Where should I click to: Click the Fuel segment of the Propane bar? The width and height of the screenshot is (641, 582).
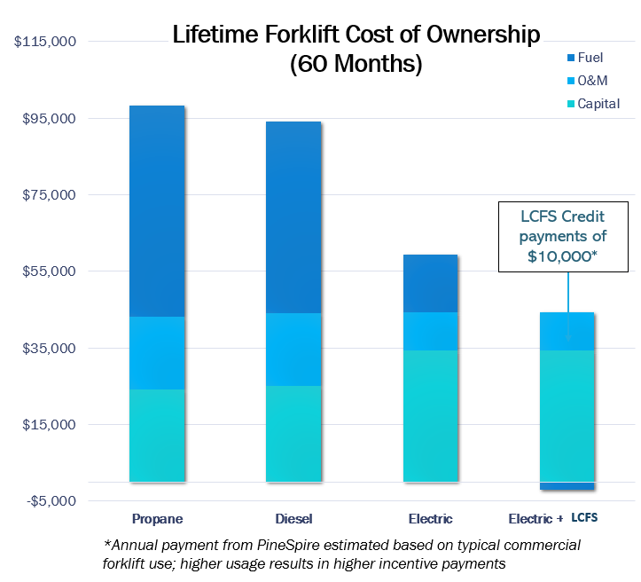(x=157, y=211)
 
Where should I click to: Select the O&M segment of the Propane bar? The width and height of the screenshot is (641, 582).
(x=157, y=353)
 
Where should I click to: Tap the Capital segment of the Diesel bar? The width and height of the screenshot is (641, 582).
(x=293, y=434)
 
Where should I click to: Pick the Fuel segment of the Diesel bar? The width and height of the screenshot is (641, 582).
(x=293, y=217)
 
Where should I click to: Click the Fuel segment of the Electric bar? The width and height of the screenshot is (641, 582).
(x=430, y=283)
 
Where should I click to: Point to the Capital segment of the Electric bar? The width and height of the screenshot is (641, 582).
(x=430, y=416)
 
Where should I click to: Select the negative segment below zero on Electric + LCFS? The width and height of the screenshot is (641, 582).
(x=567, y=486)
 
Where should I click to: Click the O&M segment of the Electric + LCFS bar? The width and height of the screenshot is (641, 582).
(x=567, y=331)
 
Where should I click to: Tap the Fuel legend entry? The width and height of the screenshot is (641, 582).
(x=584, y=58)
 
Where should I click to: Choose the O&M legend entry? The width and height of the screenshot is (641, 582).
(x=584, y=81)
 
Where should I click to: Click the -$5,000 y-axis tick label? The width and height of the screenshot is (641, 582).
(x=51, y=501)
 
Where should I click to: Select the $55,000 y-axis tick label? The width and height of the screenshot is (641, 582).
(x=50, y=271)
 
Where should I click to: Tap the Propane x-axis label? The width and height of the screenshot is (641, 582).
(x=157, y=518)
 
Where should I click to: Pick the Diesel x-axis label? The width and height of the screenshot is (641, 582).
(x=293, y=518)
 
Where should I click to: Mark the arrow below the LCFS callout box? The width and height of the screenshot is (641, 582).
(x=567, y=306)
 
